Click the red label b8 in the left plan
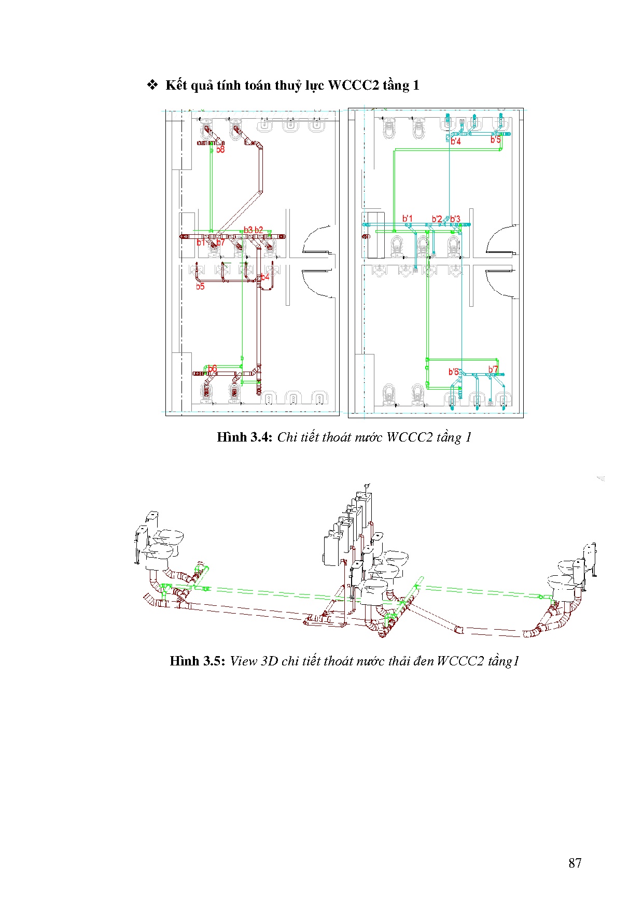pos(221,150)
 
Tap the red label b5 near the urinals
pos(200,286)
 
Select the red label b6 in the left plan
pos(212,369)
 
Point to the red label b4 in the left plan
pos(265,277)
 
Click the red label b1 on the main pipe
pos(201,243)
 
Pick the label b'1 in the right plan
pos(408,218)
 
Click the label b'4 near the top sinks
pos(455,141)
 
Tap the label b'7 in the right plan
pos(493,370)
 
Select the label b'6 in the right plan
pos(453,372)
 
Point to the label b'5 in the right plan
pos(496,139)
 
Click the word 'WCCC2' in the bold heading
pos(354,86)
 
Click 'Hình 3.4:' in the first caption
pos(244,437)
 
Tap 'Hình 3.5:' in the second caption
pos(197,661)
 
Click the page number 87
pos(575,863)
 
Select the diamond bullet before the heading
pos(152,85)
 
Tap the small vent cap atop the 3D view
pos(367,486)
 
